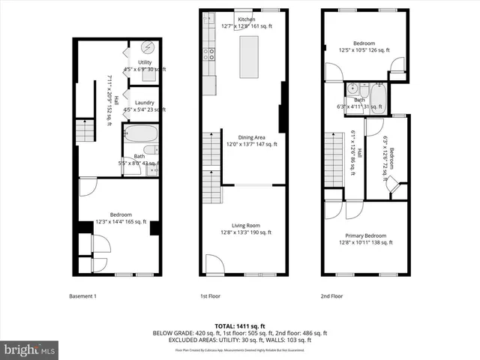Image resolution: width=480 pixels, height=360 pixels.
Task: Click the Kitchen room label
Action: point(246,19)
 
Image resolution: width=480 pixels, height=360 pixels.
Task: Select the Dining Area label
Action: point(251,137)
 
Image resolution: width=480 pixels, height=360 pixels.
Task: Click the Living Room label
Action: point(245,226)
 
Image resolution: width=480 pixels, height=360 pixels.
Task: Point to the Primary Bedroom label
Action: point(365,235)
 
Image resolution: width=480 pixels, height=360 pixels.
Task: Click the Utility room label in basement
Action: point(145,62)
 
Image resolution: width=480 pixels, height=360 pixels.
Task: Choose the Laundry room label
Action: point(144,102)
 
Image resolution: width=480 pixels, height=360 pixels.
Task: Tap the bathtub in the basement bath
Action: point(140,134)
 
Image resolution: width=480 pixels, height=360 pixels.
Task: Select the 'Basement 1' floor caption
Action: point(82,295)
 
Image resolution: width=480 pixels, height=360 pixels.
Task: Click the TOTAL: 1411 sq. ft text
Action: point(240,326)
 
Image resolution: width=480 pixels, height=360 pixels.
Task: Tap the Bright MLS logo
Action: point(30,349)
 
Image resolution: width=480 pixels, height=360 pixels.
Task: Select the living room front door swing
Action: point(214,264)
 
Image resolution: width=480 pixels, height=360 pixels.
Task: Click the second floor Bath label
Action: point(360,100)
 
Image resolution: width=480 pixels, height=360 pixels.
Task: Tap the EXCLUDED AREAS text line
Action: point(240,340)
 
